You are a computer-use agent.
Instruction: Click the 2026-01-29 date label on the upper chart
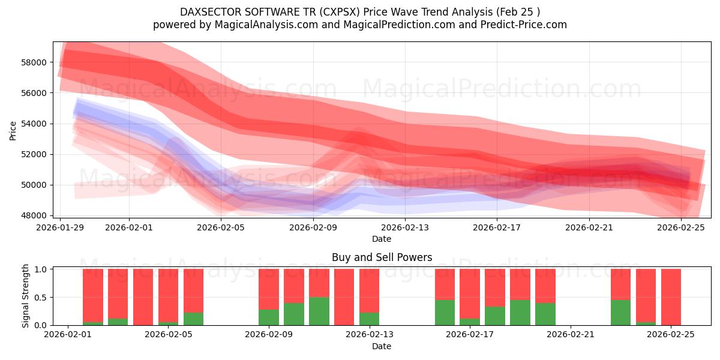coord(61,227)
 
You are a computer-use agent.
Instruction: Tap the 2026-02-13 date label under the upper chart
coord(406,227)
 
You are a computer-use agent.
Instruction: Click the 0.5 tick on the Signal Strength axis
coord(41,298)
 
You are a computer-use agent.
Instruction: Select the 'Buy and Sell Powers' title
coord(382,257)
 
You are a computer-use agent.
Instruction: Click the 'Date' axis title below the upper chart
coord(382,239)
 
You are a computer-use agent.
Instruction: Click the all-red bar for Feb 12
coord(344,297)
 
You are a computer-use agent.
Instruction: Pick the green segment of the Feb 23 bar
coord(620,312)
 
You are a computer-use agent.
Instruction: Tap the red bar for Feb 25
coord(671,297)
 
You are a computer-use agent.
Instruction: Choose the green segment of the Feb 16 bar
coord(445,312)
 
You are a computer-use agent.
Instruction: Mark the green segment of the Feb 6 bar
coord(193,319)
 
